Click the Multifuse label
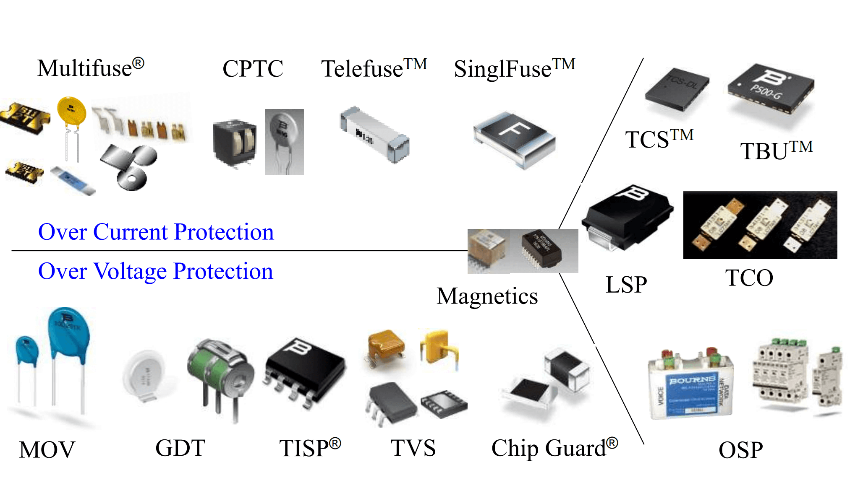point(90,68)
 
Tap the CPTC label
point(253,68)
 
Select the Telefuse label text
point(374,68)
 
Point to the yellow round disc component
point(71,111)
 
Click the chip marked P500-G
point(771,88)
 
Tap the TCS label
point(659,139)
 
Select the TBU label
point(776,151)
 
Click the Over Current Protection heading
point(156,232)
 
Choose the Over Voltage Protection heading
point(155,271)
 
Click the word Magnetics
point(487,296)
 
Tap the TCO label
point(749,278)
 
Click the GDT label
point(180,448)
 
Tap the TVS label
point(413,448)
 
